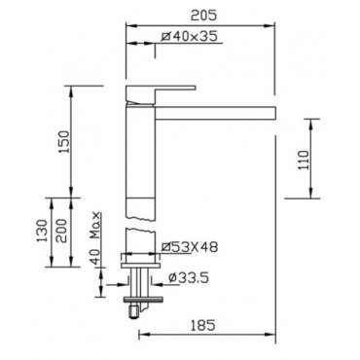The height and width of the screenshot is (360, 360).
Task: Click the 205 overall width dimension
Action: click(x=203, y=16)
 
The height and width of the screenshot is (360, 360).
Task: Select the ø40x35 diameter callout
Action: click(x=190, y=36)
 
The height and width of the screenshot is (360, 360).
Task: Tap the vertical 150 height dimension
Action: click(x=64, y=142)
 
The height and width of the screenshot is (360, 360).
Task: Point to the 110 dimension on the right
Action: click(x=304, y=160)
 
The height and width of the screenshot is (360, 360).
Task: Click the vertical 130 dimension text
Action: click(x=42, y=231)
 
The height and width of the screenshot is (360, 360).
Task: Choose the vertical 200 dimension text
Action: click(x=61, y=231)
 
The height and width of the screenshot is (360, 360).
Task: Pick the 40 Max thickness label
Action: click(x=94, y=238)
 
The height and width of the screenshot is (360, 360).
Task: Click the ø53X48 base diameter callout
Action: click(x=190, y=247)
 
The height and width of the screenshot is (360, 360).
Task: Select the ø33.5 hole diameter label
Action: click(x=189, y=277)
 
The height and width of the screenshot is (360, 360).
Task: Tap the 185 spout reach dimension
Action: click(x=203, y=325)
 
